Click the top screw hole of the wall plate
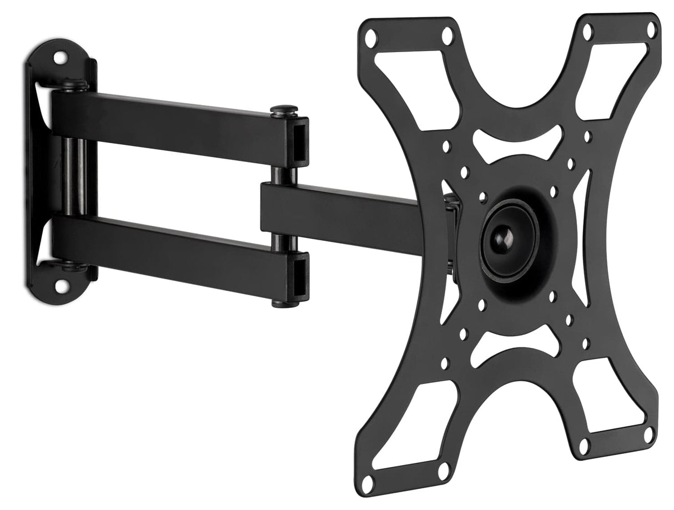coord(59,58)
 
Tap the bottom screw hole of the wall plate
coord(60,287)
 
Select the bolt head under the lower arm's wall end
coord(74,267)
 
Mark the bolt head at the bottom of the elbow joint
coord(283,303)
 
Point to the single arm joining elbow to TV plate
coord(344,216)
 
